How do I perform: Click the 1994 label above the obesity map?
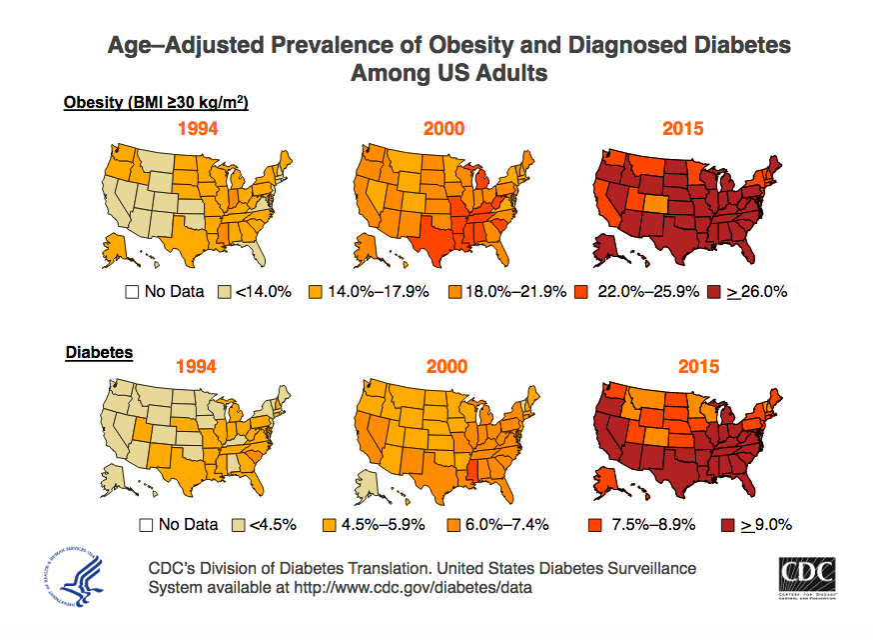pyautogui.click(x=198, y=129)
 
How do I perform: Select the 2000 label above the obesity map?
pyautogui.click(x=443, y=129)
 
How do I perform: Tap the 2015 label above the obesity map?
pyautogui.click(x=683, y=129)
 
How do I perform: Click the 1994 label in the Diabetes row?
pyautogui.click(x=196, y=366)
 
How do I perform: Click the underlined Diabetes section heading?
pyautogui.click(x=99, y=352)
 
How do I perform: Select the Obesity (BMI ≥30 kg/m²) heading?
pyautogui.click(x=155, y=103)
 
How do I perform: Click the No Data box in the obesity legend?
pyautogui.click(x=131, y=292)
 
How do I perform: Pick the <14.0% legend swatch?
pyautogui.click(x=226, y=292)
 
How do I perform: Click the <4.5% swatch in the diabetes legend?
pyautogui.click(x=239, y=524)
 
